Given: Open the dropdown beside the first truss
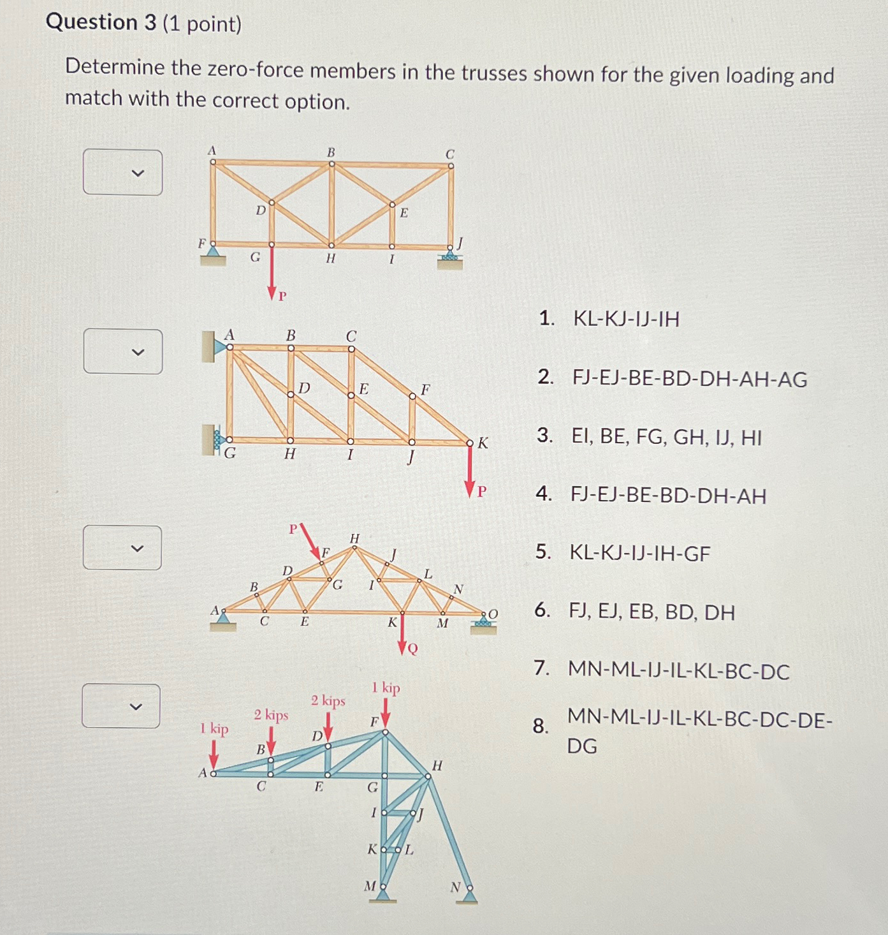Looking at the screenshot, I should (122, 172).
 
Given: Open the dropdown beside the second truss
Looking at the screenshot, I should (122, 351).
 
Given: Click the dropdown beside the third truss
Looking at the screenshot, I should (122, 548).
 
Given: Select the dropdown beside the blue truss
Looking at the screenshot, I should (121, 706).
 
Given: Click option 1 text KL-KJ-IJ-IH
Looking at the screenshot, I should (626, 318).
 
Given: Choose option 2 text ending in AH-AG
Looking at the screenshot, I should (689, 379).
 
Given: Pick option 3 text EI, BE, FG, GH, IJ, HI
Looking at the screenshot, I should (666, 437).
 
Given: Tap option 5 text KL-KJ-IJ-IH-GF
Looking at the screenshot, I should (639, 553).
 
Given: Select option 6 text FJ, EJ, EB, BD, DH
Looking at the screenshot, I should (651, 612).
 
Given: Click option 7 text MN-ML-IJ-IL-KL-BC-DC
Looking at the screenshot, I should (678, 671).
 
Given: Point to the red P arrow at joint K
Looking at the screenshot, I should (470, 471).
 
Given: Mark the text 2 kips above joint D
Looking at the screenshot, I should (328, 701).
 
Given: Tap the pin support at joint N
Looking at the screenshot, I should (470, 895).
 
